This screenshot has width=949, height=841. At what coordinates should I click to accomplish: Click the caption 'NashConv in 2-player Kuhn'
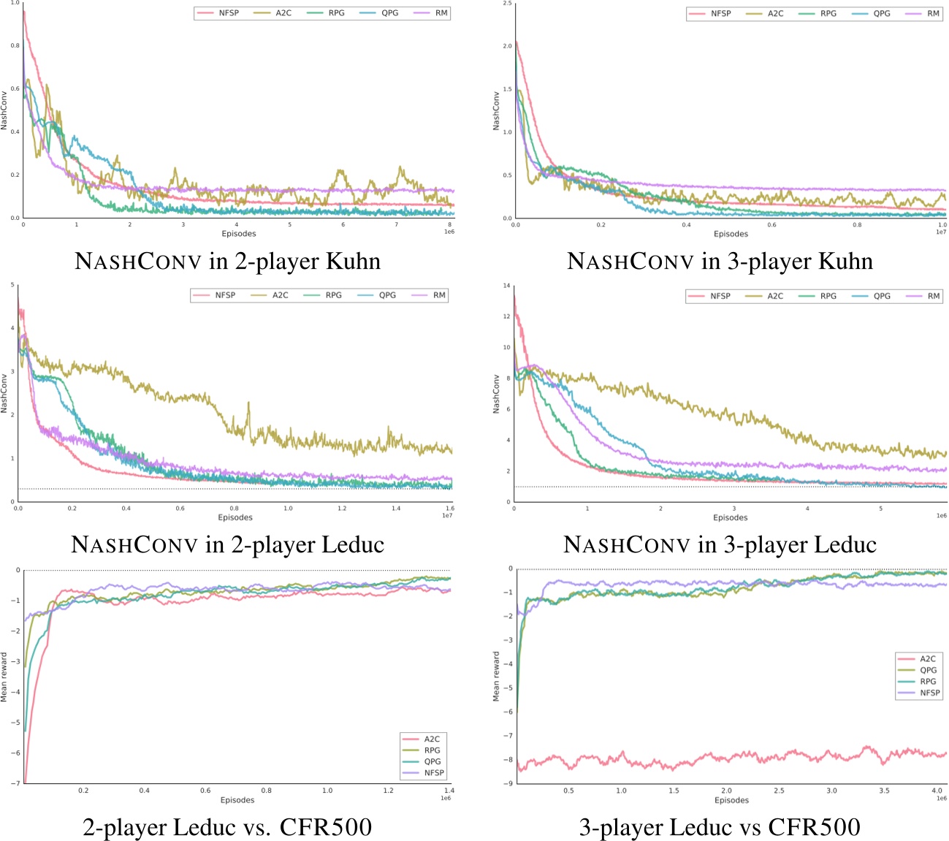point(227,261)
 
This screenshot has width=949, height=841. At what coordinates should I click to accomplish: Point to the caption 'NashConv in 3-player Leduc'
point(720,544)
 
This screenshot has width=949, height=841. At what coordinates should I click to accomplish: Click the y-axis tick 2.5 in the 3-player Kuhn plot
point(507,4)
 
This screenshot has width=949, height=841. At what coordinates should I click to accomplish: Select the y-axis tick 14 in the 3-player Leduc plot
point(506,286)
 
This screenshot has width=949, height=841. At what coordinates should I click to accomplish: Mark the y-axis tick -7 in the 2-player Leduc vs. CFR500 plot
point(16,783)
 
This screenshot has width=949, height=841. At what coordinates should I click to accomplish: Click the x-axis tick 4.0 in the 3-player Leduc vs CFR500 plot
point(937,791)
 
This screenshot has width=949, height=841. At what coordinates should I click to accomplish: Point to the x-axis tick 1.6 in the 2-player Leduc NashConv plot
point(449,508)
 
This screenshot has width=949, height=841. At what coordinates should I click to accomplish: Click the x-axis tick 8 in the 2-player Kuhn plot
point(449,224)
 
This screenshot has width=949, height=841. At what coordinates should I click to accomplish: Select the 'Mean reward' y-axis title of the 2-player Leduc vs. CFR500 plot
point(4,677)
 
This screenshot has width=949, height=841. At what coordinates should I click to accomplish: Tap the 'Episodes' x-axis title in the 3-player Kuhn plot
point(731,234)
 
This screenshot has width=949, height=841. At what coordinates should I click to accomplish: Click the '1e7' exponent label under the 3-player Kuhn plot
point(942,232)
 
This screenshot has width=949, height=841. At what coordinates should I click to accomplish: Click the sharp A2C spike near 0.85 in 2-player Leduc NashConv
point(248,403)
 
